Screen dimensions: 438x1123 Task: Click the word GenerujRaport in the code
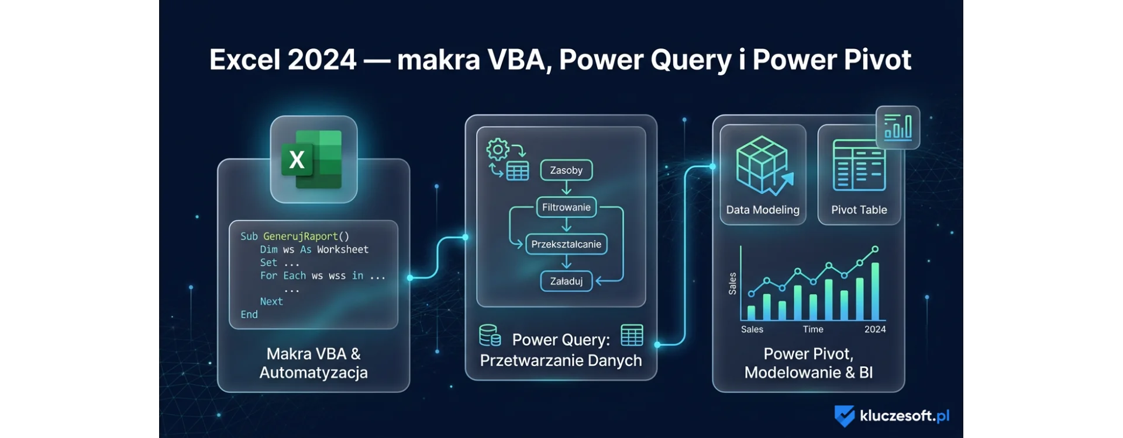point(300,237)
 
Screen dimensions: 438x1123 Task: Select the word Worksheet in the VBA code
point(342,249)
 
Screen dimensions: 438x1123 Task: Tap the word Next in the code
point(271,301)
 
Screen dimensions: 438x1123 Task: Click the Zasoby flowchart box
point(566,171)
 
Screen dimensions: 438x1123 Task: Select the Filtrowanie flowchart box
point(566,207)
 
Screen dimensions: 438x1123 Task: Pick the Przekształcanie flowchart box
point(566,244)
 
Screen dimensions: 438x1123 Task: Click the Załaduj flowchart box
point(566,281)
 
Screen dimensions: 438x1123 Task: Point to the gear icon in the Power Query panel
point(498,150)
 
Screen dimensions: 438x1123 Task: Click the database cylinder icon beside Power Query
point(490,336)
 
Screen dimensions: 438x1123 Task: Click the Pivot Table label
point(859,210)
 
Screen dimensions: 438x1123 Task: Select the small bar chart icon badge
point(898,127)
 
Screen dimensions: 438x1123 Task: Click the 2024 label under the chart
point(874,329)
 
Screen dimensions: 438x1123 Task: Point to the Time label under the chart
point(813,329)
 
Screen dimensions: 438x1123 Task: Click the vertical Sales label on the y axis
point(732,283)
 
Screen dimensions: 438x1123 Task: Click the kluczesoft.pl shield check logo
point(844,416)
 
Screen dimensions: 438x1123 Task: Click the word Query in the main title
point(696,60)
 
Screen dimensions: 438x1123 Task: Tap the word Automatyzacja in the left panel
point(314,373)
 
